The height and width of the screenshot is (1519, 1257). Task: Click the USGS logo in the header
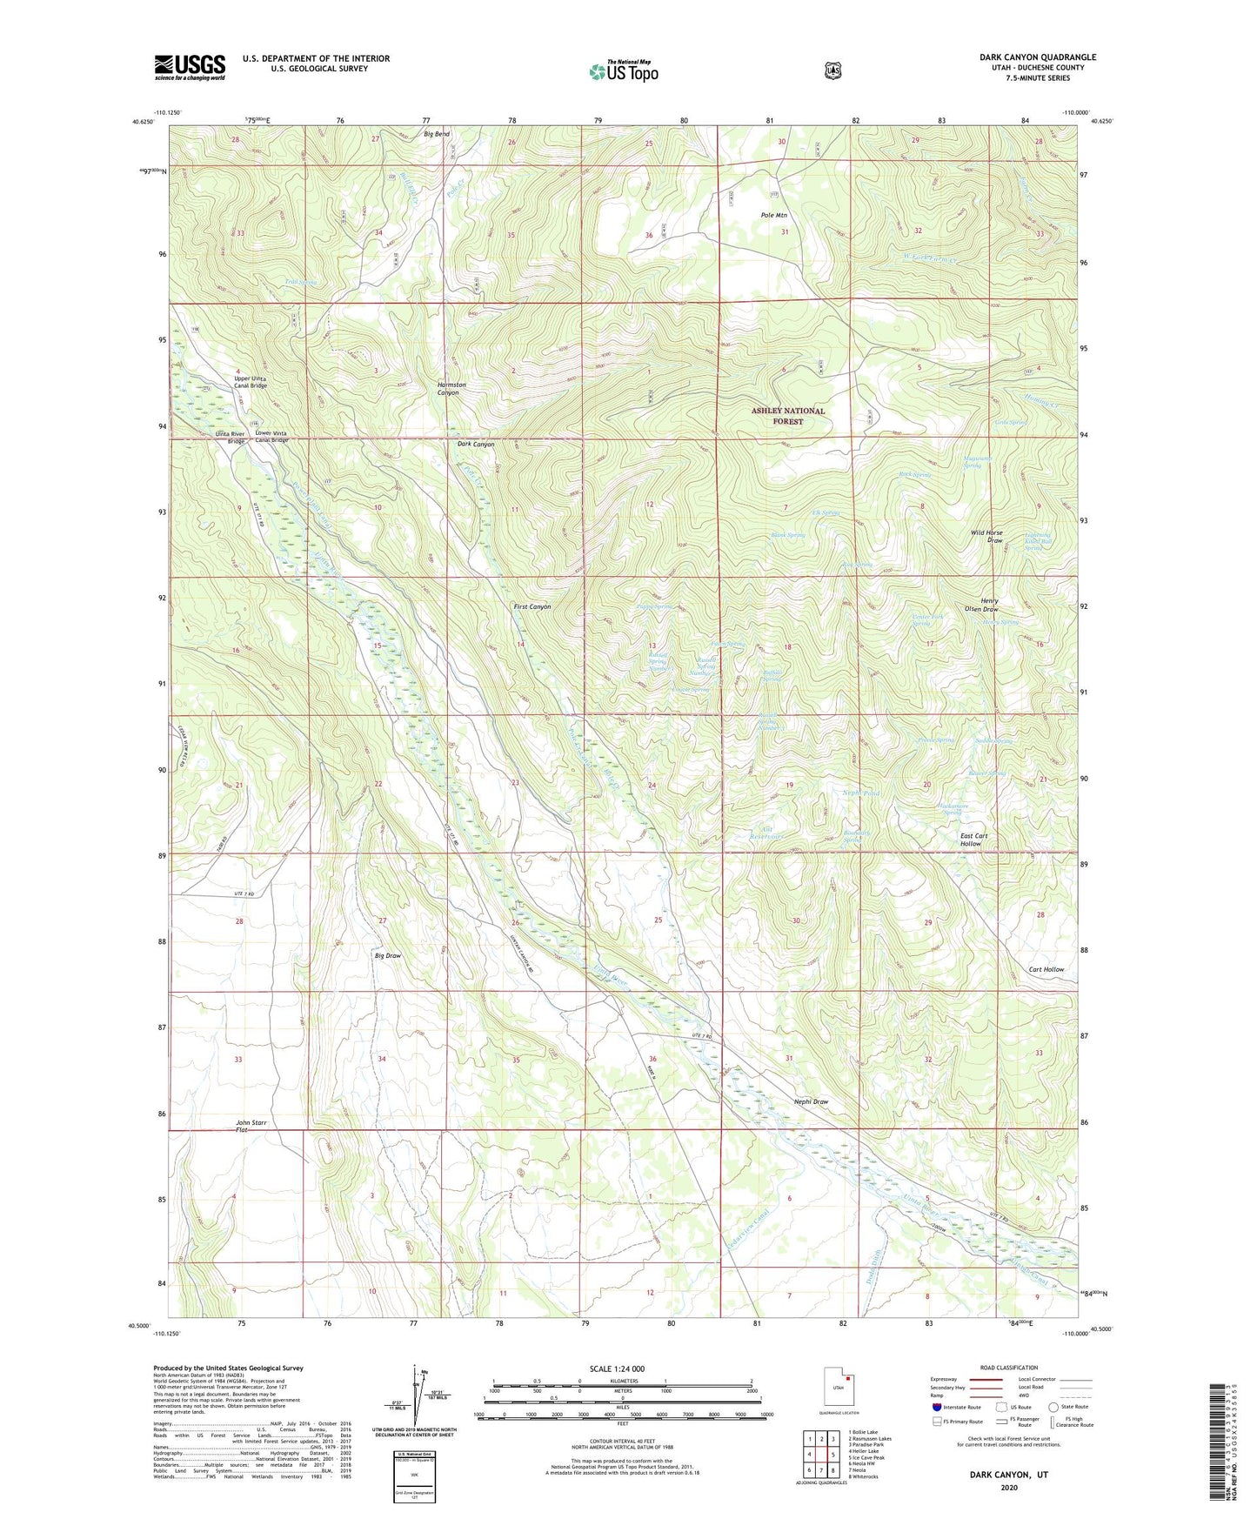[x=190, y=67]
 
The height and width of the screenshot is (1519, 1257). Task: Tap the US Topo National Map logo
[x=622, y=70]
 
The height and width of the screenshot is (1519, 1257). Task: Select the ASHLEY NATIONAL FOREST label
[x=787, y=416]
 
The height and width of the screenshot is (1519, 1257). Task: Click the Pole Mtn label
[x=773, y=215]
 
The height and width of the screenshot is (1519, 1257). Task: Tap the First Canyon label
[x=532, y=606]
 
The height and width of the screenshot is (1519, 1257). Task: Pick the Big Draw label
[x=388, y=955]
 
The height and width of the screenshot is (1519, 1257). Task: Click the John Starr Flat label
[x=251, y=1126]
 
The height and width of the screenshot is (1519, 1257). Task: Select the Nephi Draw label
[x=811, y=1101]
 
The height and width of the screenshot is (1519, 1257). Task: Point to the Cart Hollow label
[x=1046, y=969]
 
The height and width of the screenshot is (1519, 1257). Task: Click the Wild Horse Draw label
[x=987, y=536]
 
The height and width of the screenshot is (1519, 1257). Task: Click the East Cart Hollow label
[x=973, y=840]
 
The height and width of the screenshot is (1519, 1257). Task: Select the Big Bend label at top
[x=437, y=134]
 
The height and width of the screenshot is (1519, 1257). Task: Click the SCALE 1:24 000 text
[x=617, y=1368]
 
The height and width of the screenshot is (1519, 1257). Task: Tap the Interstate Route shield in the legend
[x=936, y=1406]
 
